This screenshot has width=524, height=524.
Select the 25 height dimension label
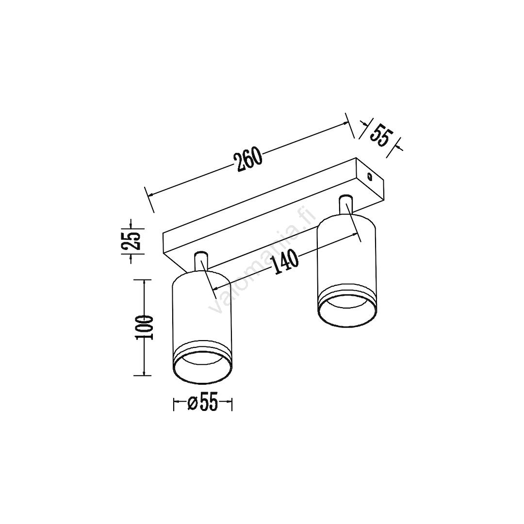click(131, 241)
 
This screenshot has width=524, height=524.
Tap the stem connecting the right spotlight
click(345, 204)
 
